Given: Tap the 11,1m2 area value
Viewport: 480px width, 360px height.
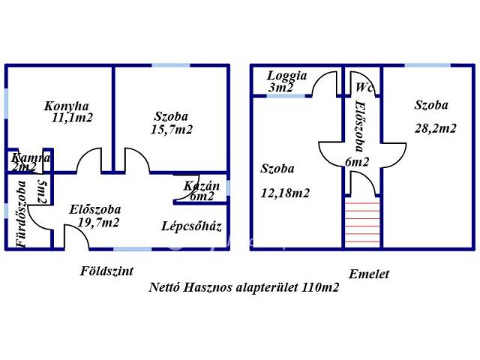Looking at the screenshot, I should pos(72,118).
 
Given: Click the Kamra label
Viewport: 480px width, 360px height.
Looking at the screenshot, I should pos(31,158).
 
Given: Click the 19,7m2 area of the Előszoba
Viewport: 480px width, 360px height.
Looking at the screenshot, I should pos(97,222).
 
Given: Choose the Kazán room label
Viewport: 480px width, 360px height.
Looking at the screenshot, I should pos(201,185).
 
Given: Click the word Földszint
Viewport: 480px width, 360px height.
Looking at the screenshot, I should pos(106,271).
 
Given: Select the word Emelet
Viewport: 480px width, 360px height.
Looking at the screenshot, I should pos(368,274).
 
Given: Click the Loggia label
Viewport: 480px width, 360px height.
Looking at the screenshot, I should pos(288,76).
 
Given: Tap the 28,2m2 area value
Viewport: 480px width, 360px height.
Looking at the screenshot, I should pos(435,128).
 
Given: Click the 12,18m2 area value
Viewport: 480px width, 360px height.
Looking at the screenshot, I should pos(286,193).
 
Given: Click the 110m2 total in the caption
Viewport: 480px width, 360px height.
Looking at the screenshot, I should pos(321,287).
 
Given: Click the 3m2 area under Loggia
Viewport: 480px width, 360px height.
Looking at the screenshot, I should pos(281,88).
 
